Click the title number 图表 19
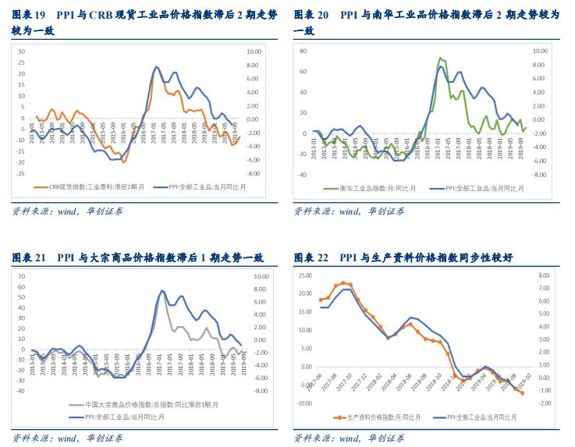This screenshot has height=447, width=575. tap(30, 15)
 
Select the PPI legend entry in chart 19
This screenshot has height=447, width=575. tap(196, 187)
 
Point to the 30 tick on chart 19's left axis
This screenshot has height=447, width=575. tap(22, 51)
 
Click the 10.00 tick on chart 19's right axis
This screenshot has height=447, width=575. tap(253, 51)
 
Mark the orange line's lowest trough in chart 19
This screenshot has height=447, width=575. tap(123, 161)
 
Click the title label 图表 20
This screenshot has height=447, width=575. tap(311, 15)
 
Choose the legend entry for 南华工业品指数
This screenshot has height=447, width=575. tap(367, 188)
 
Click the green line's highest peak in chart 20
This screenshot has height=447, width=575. tap(441, 58)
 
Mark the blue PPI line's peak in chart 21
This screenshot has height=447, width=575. tap(162, 291)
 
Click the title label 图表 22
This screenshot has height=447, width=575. tap(311, 257)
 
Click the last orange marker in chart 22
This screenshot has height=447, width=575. tap(521, 393)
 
